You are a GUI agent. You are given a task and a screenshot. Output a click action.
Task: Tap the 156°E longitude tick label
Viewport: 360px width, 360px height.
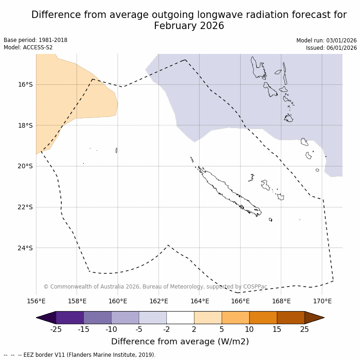tap(36, 301)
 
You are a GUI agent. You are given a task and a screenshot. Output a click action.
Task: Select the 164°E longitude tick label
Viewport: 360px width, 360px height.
tap(200, 301)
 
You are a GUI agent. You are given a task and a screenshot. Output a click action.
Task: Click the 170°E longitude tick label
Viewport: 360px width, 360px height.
tap(322, 301)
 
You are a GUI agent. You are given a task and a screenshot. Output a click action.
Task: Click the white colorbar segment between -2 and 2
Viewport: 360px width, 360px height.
tap(180, 318)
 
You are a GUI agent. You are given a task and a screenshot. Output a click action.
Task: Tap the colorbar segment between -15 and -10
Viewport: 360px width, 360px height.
tap(97, 318)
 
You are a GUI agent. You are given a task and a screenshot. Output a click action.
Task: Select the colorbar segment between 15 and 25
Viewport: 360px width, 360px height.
tap(291, 318)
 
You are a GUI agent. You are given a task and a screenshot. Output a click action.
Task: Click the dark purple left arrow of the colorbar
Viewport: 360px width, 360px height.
tap(46, 318)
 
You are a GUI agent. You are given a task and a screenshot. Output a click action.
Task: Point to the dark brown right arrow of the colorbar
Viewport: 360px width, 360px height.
tap(314, 318)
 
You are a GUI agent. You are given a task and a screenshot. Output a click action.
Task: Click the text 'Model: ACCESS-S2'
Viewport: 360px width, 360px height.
tap(28, 47)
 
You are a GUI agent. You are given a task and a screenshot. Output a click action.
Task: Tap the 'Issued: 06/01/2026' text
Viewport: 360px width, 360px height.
tap(331, 47)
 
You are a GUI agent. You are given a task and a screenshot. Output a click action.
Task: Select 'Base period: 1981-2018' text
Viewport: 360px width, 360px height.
tap(35, 40)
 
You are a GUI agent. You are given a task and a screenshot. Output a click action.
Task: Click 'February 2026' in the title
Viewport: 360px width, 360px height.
tap(189, 26)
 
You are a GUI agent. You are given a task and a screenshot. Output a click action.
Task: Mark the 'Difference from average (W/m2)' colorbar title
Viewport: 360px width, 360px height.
tap(180, 342)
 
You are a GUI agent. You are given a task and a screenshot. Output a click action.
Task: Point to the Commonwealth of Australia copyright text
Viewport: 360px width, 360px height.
tap(155, 287)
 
